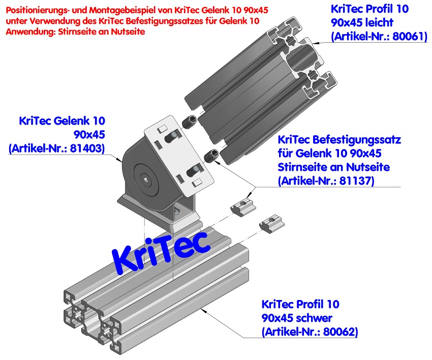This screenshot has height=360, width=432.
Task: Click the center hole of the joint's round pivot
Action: point(146,179)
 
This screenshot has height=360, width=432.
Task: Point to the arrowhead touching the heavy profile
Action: point(202,308)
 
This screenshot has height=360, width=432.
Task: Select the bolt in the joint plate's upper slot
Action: point(174,136)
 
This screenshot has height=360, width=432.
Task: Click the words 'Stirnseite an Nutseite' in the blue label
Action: point(333,167)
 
